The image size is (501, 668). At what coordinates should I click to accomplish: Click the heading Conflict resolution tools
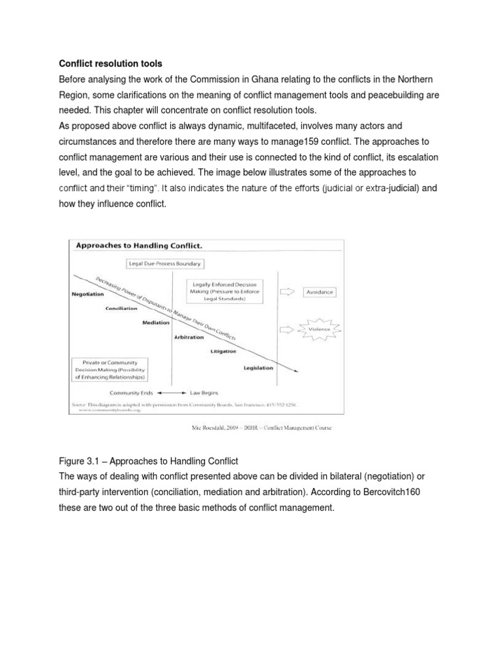(x=110, y=63)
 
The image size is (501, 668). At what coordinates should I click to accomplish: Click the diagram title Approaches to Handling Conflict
(x=130, y=246)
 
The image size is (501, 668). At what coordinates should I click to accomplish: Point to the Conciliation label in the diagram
(x=121, y=309)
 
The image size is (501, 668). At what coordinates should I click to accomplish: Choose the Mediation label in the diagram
(x=156, y=323)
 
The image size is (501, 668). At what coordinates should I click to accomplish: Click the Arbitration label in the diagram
(x=189, y=337)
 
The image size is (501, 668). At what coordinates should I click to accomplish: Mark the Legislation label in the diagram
(x=258, y=367)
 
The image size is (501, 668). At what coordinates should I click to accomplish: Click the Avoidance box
(x=320, y=292)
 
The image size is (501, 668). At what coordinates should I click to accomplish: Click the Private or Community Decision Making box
(x=110, y=369)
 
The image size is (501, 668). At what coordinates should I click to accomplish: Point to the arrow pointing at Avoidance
(x=286, y=292)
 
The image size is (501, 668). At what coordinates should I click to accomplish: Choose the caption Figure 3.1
(x=80, y=461)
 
